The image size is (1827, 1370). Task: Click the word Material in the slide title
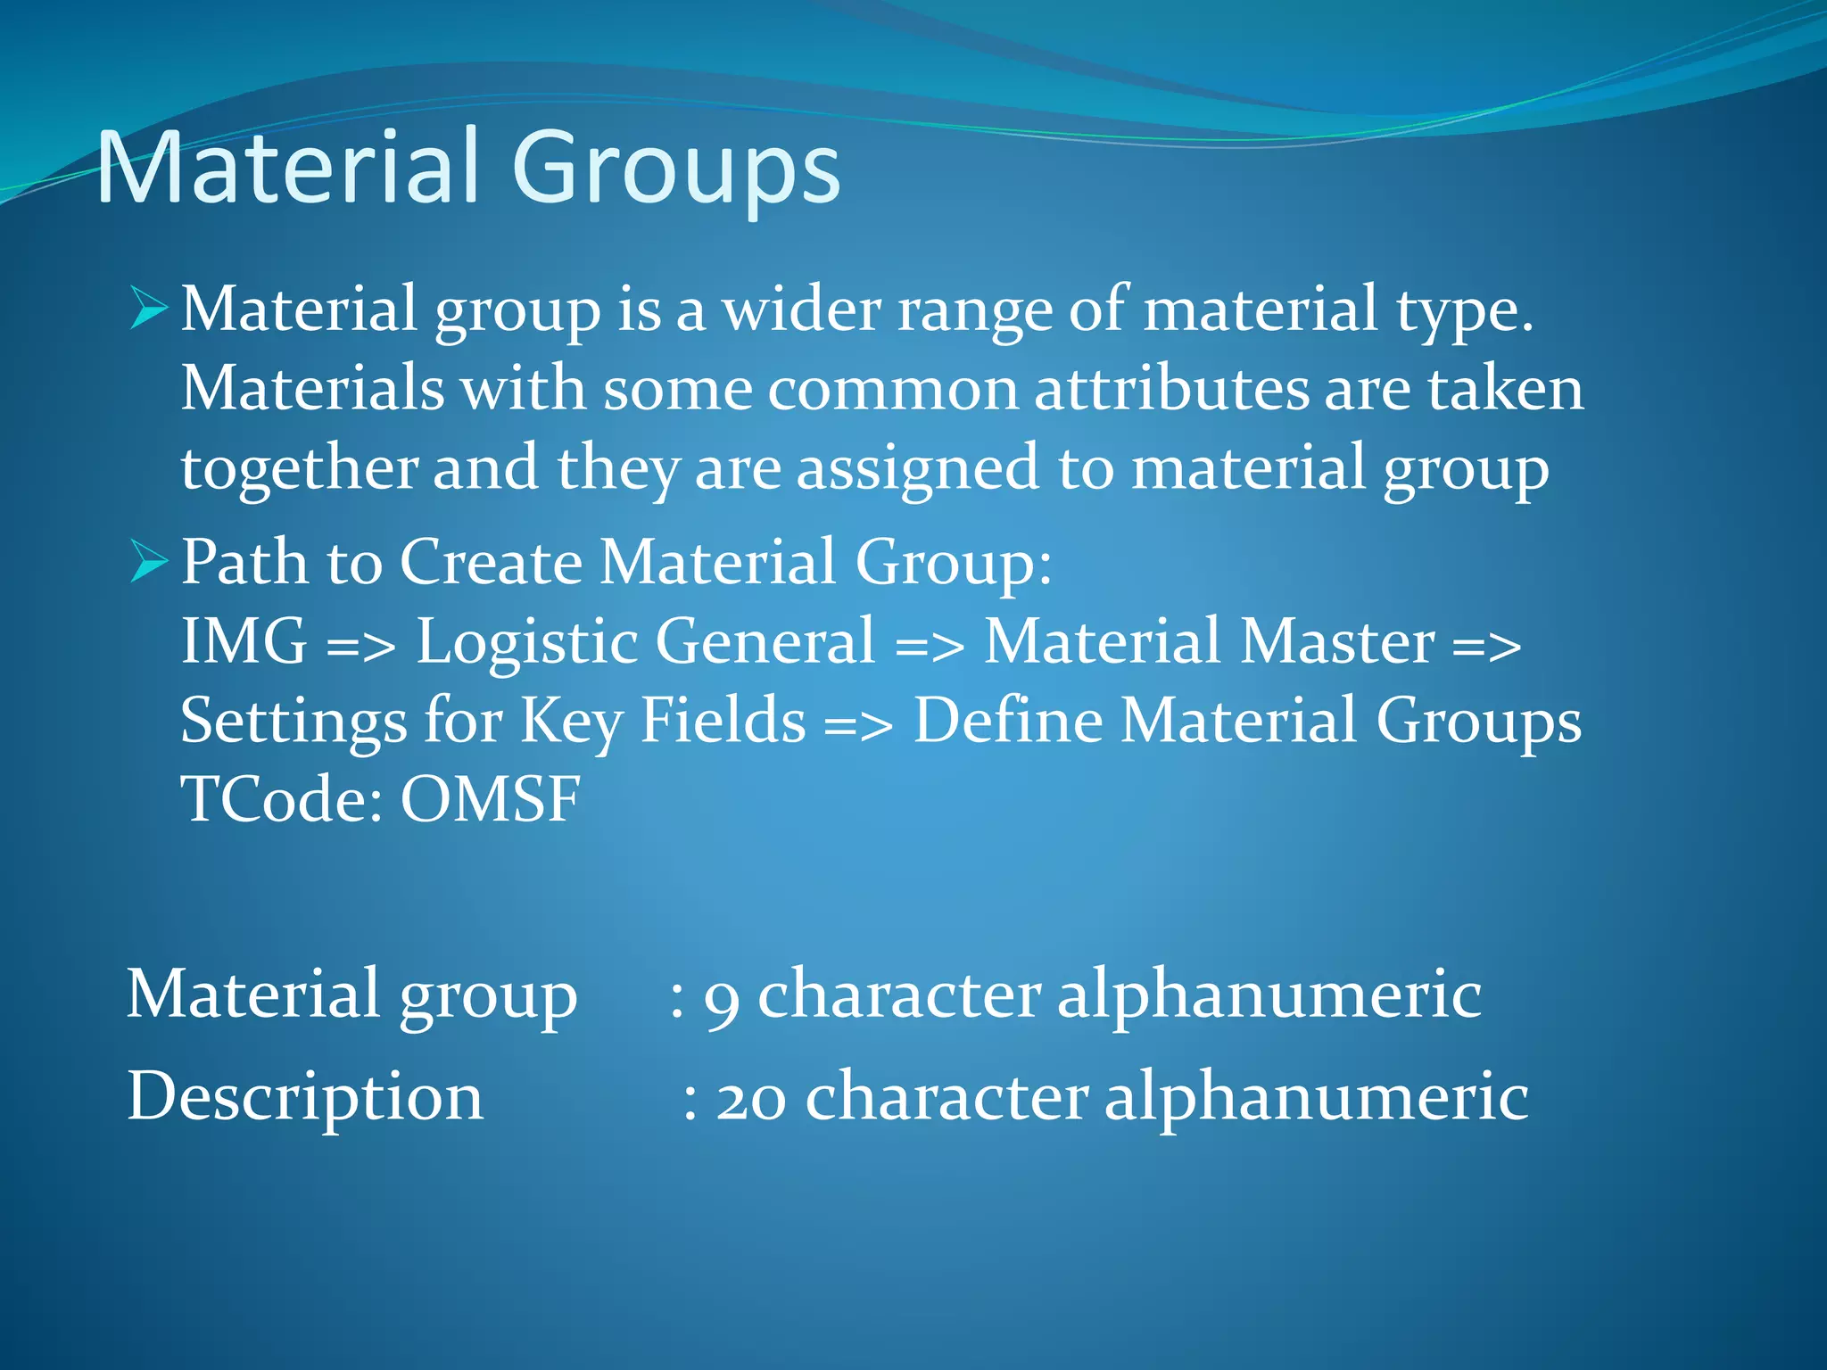(x=285, y=168)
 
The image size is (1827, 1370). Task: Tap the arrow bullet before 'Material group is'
(x=148, y=308)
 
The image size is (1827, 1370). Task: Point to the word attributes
(x=1171, y=390)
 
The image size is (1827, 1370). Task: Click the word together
(x=300, y=470)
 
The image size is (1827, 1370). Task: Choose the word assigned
(x=918, y=470)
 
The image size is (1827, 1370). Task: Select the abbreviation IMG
(x=244, y=641)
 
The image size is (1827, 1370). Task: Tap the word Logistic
(x=526, y=641)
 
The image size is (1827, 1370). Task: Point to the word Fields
(x=723, y=720)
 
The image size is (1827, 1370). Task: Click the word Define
(x=1008, y=720)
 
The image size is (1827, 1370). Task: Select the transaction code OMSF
(x=490, y=798)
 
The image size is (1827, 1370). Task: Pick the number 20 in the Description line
(x=750, y=1098)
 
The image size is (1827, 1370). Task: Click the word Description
(x=305, y=1098)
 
